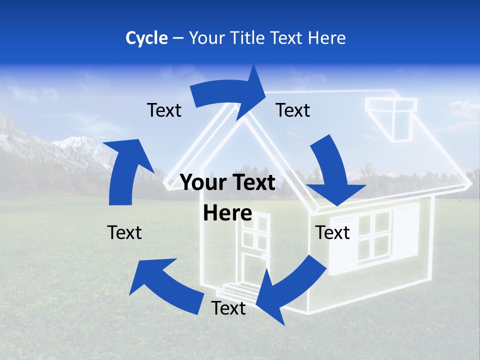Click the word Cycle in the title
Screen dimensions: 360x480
click(x=146, y=38)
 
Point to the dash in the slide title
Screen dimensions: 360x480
click(x=178, y=38)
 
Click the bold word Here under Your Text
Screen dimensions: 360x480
click(x=227, y=213)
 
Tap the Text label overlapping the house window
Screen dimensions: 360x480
click(x=333, y=233)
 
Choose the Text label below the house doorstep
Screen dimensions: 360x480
click(x=228, y=308)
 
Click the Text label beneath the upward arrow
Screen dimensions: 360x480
click(x=124, y=232)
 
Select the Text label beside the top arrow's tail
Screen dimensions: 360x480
click(x=164, y=110)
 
